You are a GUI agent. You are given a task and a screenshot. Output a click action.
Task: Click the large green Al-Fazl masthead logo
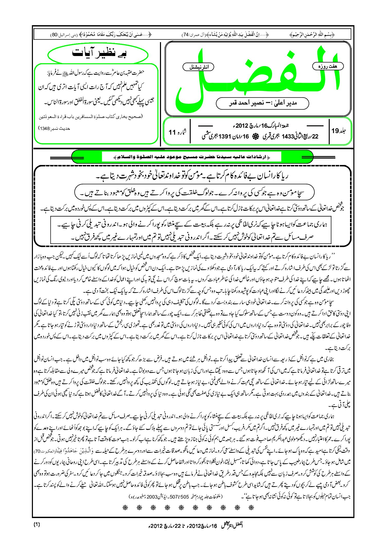point(257,77)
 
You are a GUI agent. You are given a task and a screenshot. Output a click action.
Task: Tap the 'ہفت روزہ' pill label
point(328,66)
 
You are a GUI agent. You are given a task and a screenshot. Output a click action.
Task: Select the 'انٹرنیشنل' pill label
point(198,67)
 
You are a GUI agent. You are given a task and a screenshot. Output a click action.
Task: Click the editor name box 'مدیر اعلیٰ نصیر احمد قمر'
point(262,103)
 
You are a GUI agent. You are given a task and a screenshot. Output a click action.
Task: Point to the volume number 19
point(335,131)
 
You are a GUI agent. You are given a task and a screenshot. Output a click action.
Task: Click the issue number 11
point(172,132)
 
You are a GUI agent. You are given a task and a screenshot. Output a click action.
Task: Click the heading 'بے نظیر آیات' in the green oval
point(99,53)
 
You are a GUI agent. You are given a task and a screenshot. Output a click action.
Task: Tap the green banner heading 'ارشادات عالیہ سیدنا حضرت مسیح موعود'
point(192,157)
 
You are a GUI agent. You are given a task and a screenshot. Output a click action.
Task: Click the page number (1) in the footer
point(37,524)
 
